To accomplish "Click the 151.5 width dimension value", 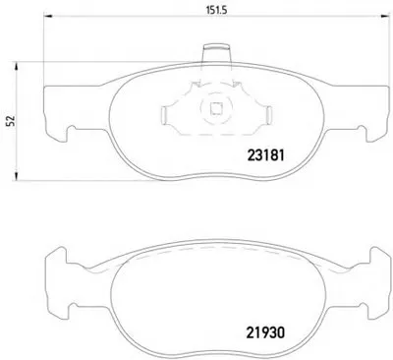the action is (216, 10).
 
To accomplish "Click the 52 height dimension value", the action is (12, 121).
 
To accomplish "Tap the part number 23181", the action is (265, 155).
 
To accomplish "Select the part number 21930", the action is (265, 332).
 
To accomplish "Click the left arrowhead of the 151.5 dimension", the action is (48, 16).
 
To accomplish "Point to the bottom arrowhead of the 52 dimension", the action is (16, 176).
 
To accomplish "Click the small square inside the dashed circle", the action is (216, 108).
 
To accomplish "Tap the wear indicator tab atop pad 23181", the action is (216, 53).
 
